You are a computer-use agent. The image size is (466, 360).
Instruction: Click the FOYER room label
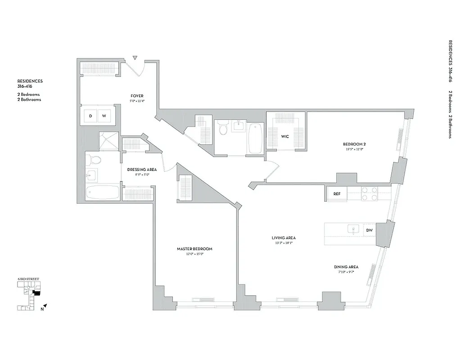point(137,96)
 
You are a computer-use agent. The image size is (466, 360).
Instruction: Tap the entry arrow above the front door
point(135,58)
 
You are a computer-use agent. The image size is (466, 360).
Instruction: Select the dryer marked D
point(90,116)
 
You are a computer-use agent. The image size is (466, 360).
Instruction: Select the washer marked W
point(104,116)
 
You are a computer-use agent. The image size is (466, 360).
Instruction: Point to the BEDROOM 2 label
point(353,144)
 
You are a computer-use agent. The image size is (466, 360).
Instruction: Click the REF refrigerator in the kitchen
point(336,194)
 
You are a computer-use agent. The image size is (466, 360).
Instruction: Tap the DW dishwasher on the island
point(369,230)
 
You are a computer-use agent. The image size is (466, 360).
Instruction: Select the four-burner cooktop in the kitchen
point(369,193)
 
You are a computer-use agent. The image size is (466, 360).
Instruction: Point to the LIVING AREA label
point(283,238)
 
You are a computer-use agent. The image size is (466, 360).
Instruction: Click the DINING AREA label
point(346,267)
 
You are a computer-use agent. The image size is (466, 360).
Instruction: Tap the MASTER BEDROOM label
point(194,249)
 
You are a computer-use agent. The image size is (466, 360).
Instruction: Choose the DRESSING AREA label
point(142,170)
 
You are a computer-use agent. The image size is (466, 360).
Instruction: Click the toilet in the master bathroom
point(95,160)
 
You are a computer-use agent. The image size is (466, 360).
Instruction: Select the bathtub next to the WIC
point(254,138)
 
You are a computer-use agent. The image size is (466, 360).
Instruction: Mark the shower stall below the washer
point(109,141)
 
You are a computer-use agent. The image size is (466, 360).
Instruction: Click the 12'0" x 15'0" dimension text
point(194,254)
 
